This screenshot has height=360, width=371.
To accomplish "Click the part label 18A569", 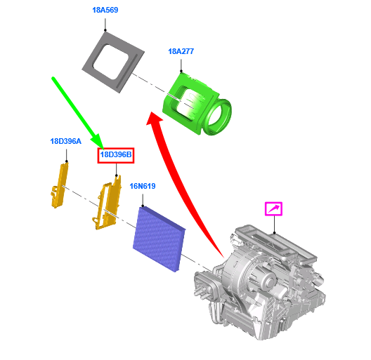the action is coord(105,10).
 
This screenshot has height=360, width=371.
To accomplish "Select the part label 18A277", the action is coord(181,51).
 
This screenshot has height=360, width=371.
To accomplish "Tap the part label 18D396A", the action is coord(66,141).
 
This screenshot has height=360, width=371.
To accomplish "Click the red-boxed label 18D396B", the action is coord(116,155).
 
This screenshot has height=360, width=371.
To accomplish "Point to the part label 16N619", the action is coord(143,186).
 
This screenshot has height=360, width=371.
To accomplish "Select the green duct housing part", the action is coord(197,104).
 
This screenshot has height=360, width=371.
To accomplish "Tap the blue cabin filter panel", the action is coord(159,239).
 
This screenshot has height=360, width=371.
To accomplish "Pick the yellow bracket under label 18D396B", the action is coord(108,204).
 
